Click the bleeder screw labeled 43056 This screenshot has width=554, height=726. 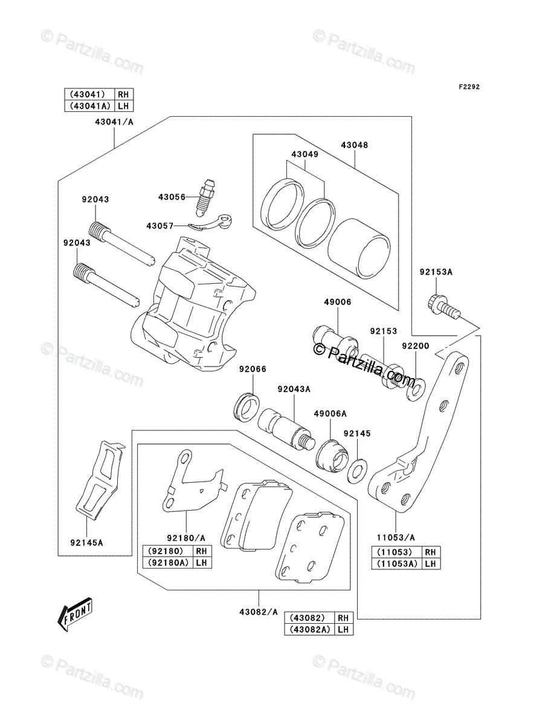tap(204, 198)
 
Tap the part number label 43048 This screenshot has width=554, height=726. tap(354, 145)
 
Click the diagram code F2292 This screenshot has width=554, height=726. tap(469, 87)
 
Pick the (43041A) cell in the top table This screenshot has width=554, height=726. tap(89, 106)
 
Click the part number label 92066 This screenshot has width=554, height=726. tap(253, 369)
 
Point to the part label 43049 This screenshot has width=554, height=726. tap(304, 154)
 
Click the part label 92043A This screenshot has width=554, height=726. tap(294, 389)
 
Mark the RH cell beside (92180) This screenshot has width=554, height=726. tap(201, 551)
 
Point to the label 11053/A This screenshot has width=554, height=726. tap(396, 538)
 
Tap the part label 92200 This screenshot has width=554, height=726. tap(416, 346)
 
